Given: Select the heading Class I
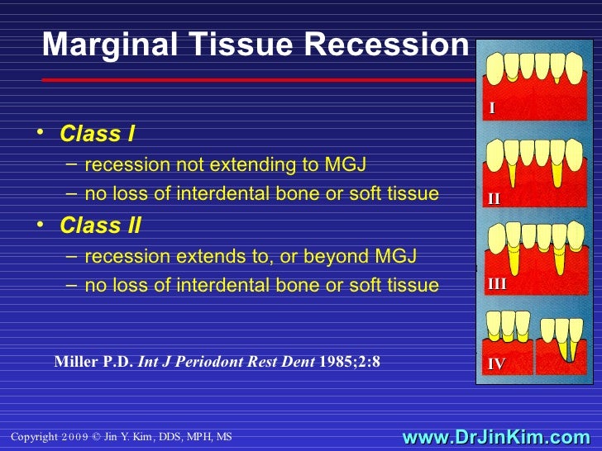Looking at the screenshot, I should point(98,134).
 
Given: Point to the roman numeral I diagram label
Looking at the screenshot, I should point(492,108).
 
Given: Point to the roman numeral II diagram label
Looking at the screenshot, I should point(494,198).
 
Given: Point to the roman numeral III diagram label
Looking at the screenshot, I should point(497,284).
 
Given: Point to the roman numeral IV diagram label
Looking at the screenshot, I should point(496,363).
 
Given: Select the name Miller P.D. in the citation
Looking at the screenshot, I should point(92,361).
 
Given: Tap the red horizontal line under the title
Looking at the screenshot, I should point(248,80).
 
